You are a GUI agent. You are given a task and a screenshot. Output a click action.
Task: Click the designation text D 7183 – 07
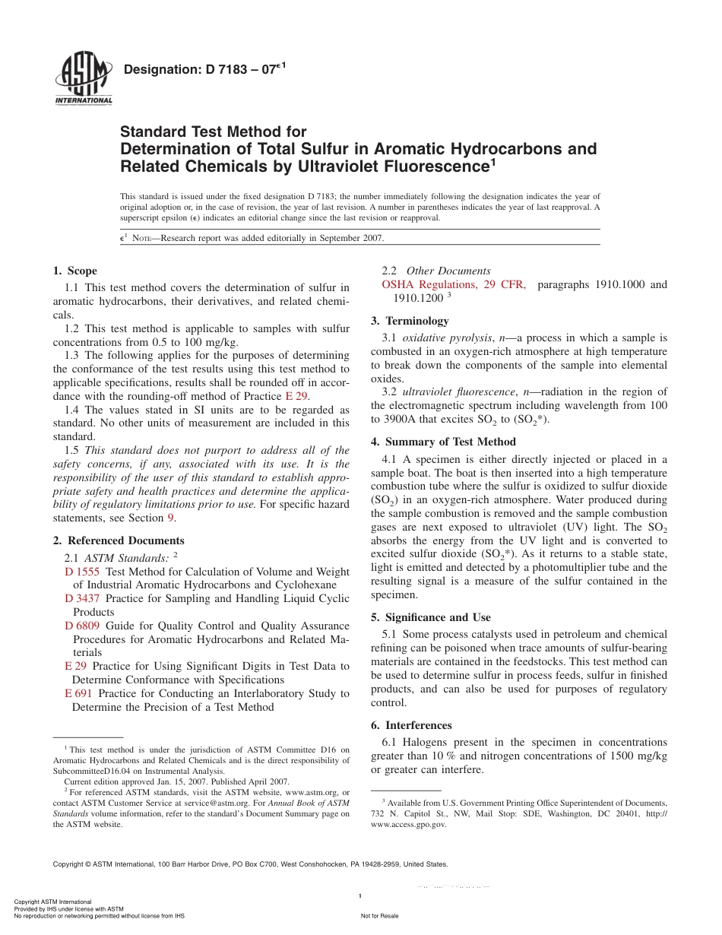point(203,70)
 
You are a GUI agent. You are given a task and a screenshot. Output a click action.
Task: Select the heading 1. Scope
point(75,271)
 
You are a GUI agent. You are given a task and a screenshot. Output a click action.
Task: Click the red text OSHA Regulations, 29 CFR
point(453,285)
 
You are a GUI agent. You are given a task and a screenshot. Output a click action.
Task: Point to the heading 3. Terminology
point(410,321)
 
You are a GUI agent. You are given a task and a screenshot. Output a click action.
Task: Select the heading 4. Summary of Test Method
point(443,442)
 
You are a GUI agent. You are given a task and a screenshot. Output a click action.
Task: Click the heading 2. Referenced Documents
point(119,540)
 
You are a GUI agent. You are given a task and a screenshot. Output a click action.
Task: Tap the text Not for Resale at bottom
point(379,916)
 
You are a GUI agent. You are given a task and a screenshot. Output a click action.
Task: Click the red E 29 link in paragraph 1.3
point(297,397)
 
